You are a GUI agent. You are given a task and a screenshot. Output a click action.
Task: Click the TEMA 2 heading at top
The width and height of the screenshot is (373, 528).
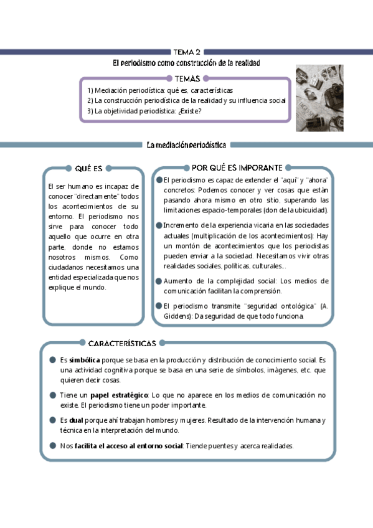(187, 52)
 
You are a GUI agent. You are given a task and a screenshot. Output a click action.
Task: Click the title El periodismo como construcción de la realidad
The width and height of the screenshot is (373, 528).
(186, 63)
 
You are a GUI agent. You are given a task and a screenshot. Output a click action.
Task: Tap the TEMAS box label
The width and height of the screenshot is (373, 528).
(187, 78)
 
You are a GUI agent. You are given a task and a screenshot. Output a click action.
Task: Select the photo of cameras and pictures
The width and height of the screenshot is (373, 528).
(319, 98)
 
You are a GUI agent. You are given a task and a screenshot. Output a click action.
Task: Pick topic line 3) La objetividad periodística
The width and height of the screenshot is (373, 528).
(144, 111)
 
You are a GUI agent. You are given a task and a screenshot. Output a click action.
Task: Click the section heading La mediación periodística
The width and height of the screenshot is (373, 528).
(186, 145)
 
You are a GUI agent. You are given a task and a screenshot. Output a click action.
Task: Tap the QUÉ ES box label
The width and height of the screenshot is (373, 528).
(88, 167)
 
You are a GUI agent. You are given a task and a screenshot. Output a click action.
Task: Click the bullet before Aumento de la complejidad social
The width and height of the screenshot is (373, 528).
(159, 281)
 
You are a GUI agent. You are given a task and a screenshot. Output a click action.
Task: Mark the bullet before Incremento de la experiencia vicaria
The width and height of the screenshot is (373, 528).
(159, 225)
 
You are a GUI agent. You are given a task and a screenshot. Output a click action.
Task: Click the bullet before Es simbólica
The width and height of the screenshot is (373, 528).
(53, 360)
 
